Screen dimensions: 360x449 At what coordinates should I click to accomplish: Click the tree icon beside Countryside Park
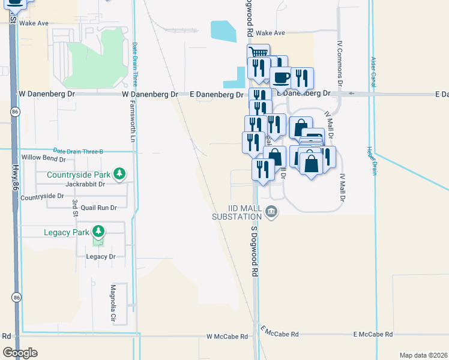click(120, 174)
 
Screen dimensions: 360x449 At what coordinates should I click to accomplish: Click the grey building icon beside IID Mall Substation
click(271, 211)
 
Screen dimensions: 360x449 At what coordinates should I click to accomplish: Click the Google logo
click(20, 352)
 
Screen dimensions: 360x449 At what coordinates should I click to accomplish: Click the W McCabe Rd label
click(227, 337)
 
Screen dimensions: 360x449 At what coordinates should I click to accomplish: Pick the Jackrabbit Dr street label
click(85, 184)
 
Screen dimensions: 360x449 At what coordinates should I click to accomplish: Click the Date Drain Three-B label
click(78, 151)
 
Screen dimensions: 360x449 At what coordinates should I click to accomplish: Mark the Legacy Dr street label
click(100, 256)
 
